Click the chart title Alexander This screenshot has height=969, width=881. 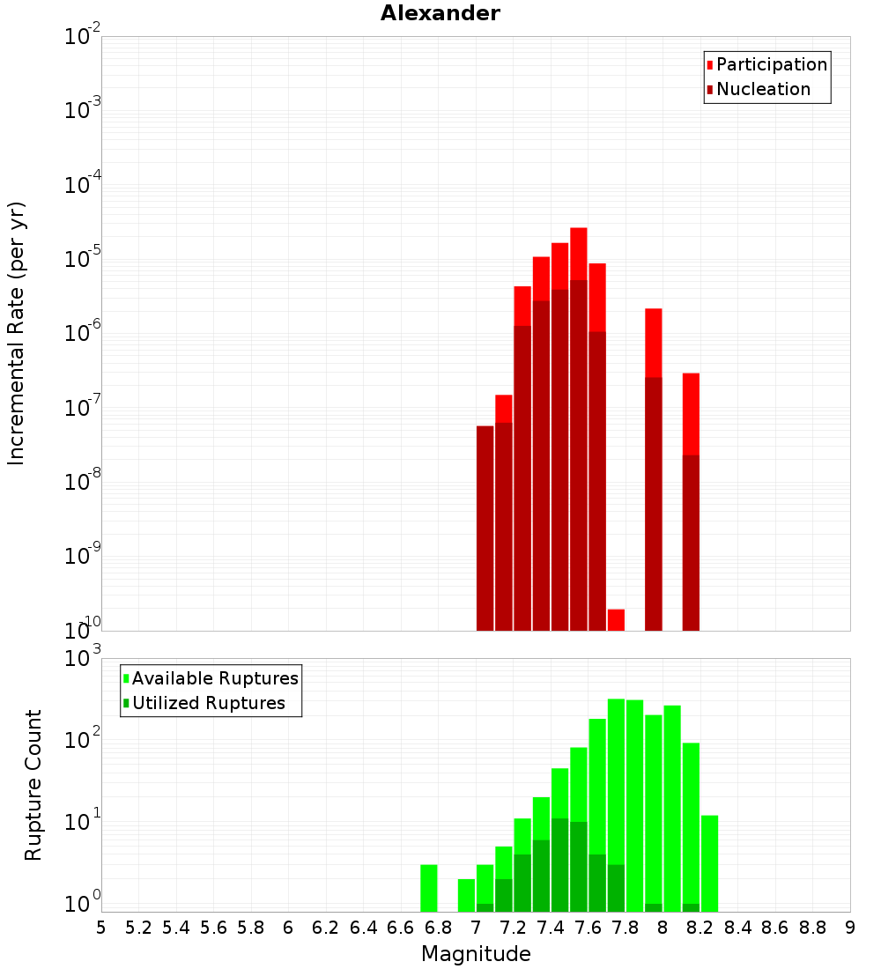click(x=440, y=13)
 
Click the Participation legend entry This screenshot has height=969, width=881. click(x=771, y=64)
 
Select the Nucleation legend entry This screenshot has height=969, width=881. click(x=762, y=89)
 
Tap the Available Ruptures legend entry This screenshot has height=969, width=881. click(x=214, y=678)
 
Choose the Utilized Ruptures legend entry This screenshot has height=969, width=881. click(x=208, y=703)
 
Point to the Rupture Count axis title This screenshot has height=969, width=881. click(x=33, y=784)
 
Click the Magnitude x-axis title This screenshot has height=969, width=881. click(x=476, y=954)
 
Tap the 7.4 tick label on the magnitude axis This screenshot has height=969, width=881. click(x=551, y=928)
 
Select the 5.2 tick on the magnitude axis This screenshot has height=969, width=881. click(x=138, y=928)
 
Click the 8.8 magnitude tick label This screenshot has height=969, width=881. click(x=812, y=928)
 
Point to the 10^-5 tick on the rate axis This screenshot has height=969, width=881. click(x=82, y=260)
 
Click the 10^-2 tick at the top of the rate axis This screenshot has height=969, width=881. click(x=82, y=37)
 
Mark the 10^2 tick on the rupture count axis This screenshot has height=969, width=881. click(x=82, y=740)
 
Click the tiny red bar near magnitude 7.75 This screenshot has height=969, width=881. click(x=616, y=620)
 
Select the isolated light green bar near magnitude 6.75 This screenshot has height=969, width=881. click(x=429, y=888)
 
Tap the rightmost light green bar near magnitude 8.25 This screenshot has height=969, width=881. click(x=709, y=863)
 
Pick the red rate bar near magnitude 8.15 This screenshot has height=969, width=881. click(x=691, y=414)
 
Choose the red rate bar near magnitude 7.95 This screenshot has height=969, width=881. click(x=653, y=344)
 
